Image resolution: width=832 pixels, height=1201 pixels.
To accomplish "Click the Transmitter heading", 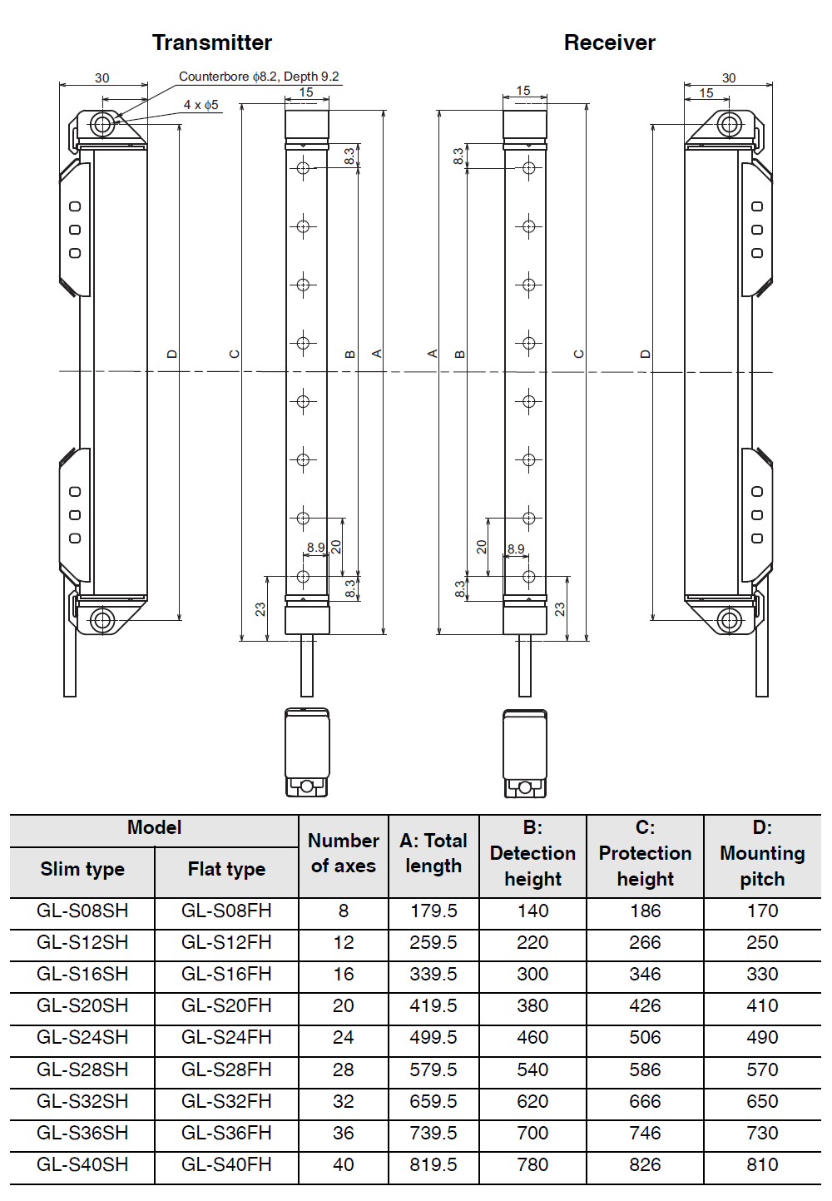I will click(211, 42).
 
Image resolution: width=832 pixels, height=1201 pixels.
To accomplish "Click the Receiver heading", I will click(609, 42).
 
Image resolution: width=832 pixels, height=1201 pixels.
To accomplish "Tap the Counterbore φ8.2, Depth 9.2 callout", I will click(259, 77).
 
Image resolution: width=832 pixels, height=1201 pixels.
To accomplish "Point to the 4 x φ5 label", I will click(201, 105).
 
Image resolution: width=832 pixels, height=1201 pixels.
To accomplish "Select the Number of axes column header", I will click(343, 853).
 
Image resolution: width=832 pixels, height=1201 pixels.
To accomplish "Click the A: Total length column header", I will click(433, 853).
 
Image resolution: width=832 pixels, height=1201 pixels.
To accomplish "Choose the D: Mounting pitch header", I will click(762, 853).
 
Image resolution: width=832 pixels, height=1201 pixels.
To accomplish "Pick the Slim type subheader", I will click(82, 870).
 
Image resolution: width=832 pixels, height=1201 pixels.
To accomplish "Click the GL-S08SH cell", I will click(82, 911).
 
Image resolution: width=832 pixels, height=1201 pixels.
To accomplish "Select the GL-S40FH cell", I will click(226, 1165).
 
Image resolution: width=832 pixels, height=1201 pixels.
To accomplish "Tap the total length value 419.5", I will click(433, 1006).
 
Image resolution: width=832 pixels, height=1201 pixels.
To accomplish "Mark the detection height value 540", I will click(532, 1069).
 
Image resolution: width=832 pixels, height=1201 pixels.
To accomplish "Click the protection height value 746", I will click(645, 1134).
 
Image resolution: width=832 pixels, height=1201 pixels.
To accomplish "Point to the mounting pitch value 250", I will click(762, 943).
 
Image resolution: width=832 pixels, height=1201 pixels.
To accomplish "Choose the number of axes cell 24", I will click(343, 1038).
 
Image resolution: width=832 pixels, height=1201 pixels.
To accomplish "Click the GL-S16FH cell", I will click(226, 975).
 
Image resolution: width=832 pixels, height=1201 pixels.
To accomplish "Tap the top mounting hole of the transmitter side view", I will click(102, 125).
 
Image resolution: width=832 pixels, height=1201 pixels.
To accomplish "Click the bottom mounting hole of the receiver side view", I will click(730, 620).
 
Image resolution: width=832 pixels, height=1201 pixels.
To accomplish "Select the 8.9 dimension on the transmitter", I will click(315, 548).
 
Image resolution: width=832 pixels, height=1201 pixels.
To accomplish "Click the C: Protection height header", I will click(645, 853).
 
